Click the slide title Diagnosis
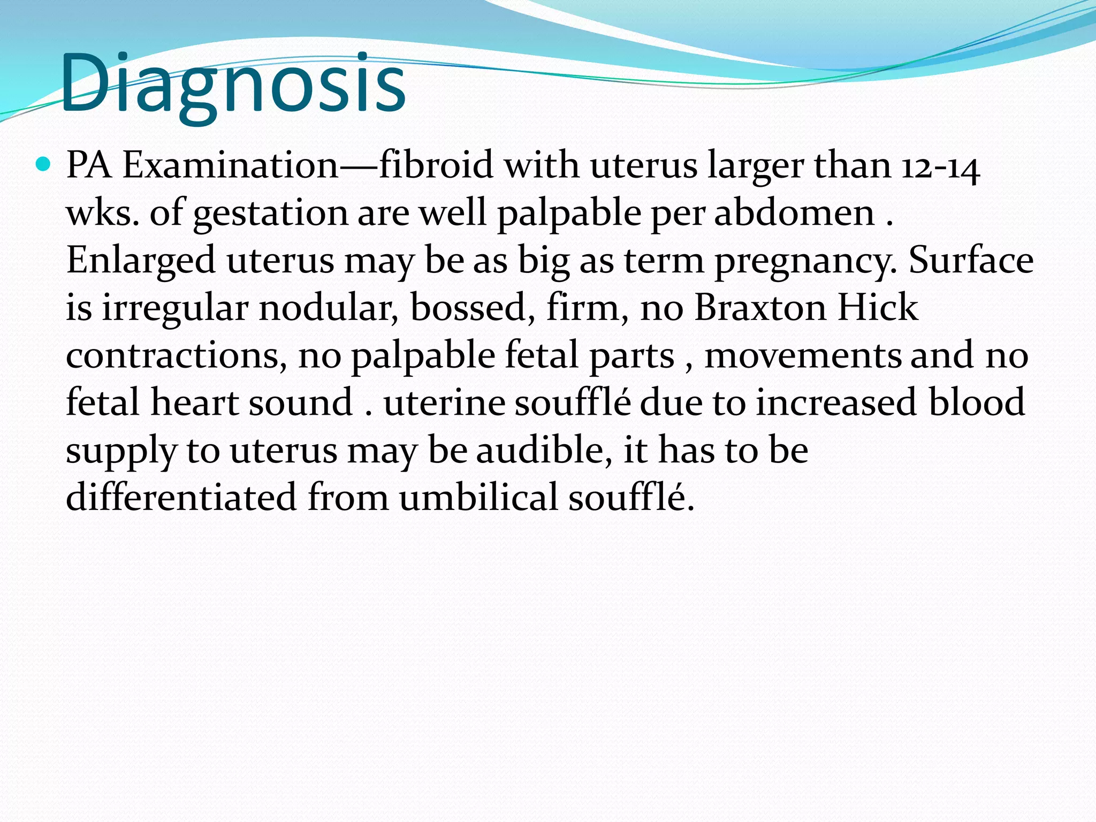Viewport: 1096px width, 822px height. coord(233,83)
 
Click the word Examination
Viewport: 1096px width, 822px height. coord(231,165)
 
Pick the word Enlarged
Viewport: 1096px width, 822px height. coord(140,261)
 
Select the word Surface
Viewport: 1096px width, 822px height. coord(971,260)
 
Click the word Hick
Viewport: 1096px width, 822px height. coord(878,308)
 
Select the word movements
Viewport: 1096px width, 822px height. coord(802,355)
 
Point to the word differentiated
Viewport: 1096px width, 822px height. coord(181,497)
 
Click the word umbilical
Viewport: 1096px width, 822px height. coord(478,497)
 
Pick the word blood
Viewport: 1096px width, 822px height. coord(976,402)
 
